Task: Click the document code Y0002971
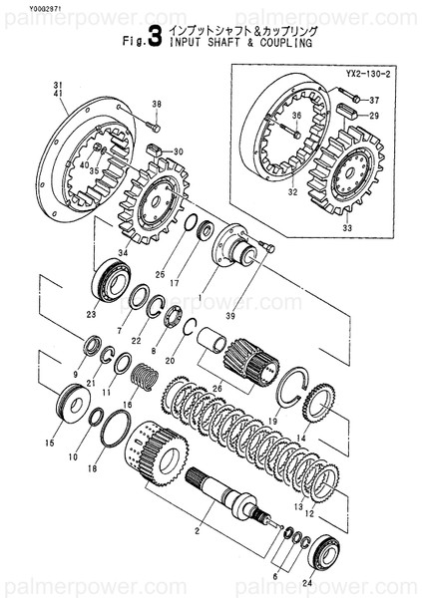pos(22,7)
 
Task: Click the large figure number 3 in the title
pos(155,42)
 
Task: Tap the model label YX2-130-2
pos(367,74)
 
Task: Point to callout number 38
pos(156,105)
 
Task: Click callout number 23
pos(91,315)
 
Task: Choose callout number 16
pos(127,406)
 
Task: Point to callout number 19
pos(271,422)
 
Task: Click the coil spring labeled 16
pos(146,379)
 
